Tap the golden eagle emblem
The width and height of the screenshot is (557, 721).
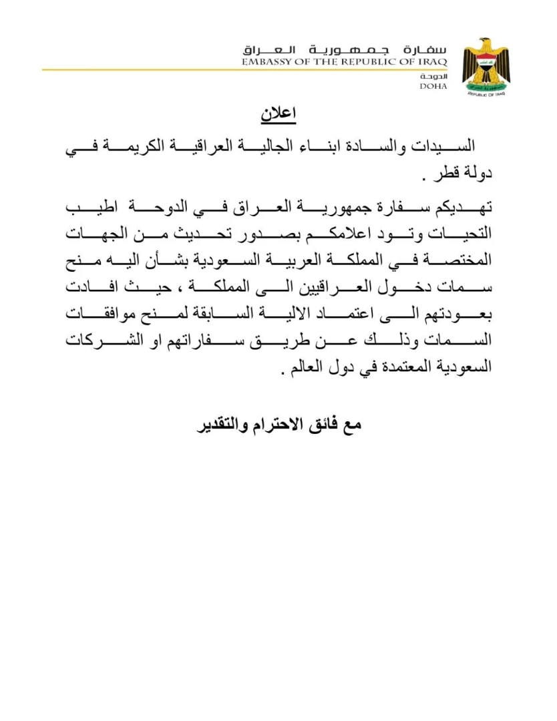486,65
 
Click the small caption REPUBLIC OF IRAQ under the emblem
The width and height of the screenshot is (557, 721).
486,94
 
